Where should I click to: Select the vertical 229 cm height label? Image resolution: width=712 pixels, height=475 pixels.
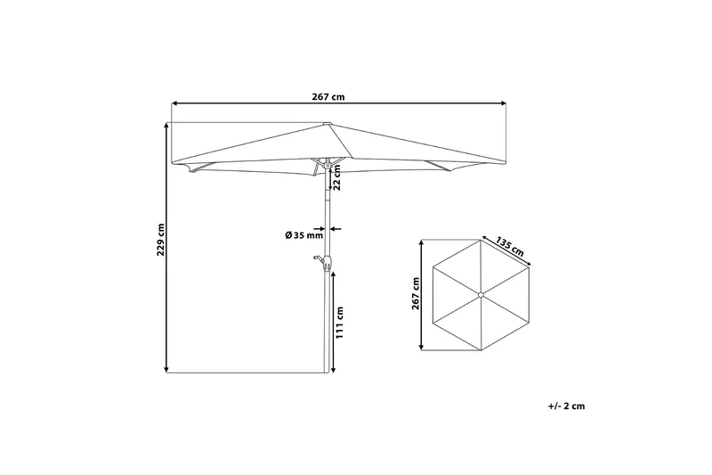coord(161,238)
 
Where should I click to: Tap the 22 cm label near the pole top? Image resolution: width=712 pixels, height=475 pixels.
coord(338,180)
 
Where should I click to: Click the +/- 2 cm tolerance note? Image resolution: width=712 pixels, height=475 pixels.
coord(567,405)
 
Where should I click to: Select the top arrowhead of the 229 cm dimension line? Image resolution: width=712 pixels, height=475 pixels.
coord(167,126)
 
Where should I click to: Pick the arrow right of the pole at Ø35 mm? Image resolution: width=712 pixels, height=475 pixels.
coord(336,227)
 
